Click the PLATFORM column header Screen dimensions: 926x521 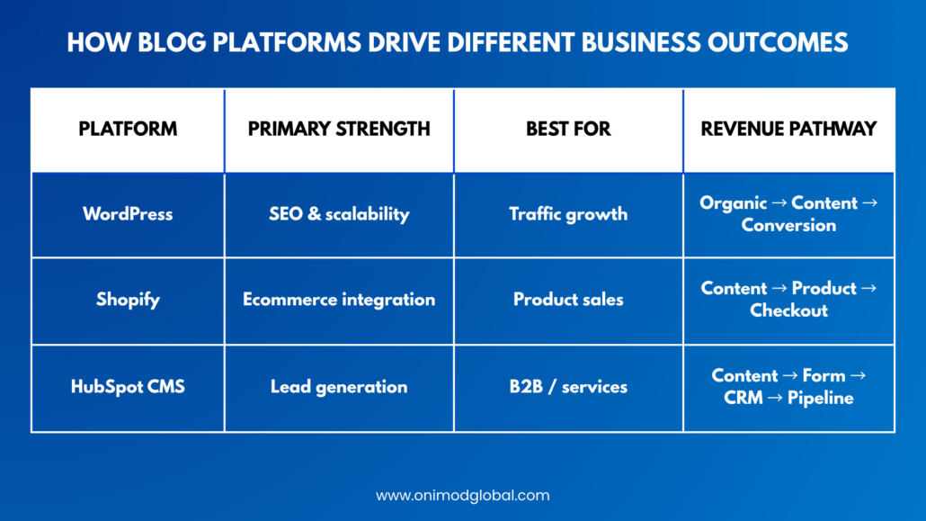128,129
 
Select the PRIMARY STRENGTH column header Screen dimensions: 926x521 339,129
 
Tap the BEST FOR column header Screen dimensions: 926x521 568,129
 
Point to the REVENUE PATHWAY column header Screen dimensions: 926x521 788,129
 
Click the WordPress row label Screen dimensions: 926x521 128,214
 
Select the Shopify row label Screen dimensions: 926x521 128,300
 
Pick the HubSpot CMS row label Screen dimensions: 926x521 128,387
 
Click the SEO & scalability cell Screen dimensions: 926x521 339,214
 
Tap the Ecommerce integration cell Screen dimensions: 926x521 339,300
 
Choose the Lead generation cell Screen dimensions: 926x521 339,387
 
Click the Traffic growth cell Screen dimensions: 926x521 568,214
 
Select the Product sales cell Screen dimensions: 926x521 568,300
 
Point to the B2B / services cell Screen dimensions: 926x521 568,387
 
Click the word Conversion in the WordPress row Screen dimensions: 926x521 788,225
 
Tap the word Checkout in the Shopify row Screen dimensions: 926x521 788,310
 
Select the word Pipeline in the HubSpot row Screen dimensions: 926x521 820,398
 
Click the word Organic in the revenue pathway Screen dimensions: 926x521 734,203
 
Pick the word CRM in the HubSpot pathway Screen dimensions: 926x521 743,398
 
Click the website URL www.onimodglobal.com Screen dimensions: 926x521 463,496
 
